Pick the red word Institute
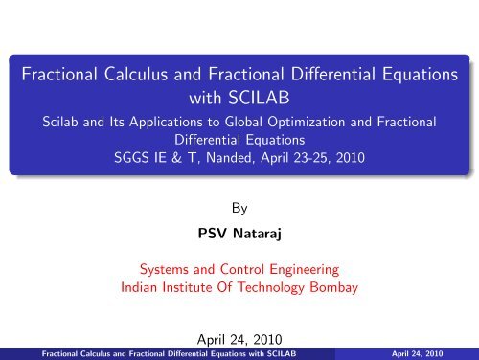[x=192, y=288]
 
